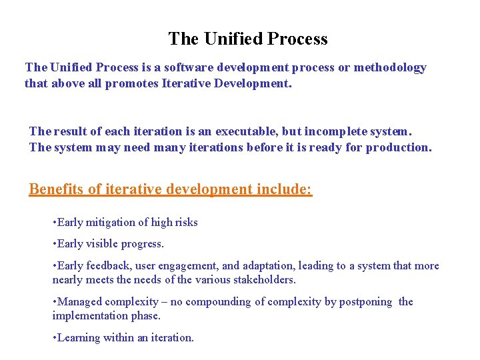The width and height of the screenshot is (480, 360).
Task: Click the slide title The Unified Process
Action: pyautogui.click(x=247, y=39)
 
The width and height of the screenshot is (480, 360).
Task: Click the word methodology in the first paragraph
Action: pyautogui.click(x=390, y=67)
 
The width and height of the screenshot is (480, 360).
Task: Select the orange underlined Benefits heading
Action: pyautogui.click(x=170, y=189)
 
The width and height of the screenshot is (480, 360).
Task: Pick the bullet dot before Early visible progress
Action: pyautogui.click(x=54, y=244)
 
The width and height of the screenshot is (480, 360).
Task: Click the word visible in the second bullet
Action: pyautogui.click(x=101, y=244)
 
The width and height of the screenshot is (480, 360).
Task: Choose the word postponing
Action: pyautogui.click(x=366, y=302)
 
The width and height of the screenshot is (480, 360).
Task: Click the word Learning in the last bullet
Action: pyautogui.click(x=79, y=338)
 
